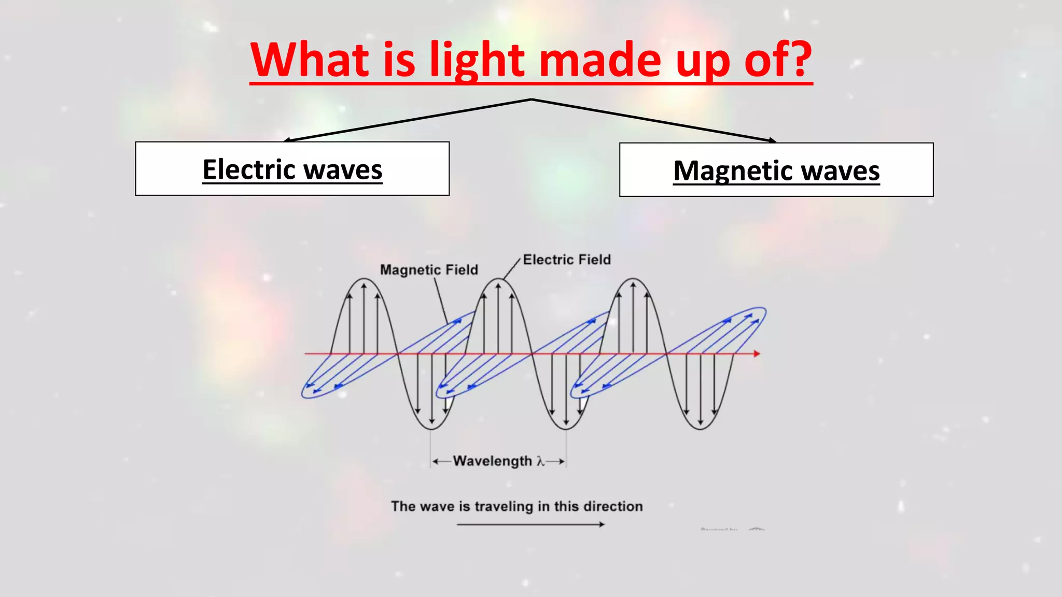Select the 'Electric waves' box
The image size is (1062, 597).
coord(292,168)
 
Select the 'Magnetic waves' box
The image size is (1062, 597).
coord(776,169)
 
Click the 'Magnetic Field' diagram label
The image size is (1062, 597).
coord(429,270)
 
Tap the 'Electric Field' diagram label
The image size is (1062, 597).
coord(567,260)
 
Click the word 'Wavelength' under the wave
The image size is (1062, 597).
coord(492,461)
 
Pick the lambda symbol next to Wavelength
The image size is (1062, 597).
coord(540,461)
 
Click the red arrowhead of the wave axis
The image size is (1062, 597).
coord(757,353)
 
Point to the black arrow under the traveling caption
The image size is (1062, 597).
coord(530,524)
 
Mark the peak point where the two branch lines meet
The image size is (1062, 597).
coord(532,99)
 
